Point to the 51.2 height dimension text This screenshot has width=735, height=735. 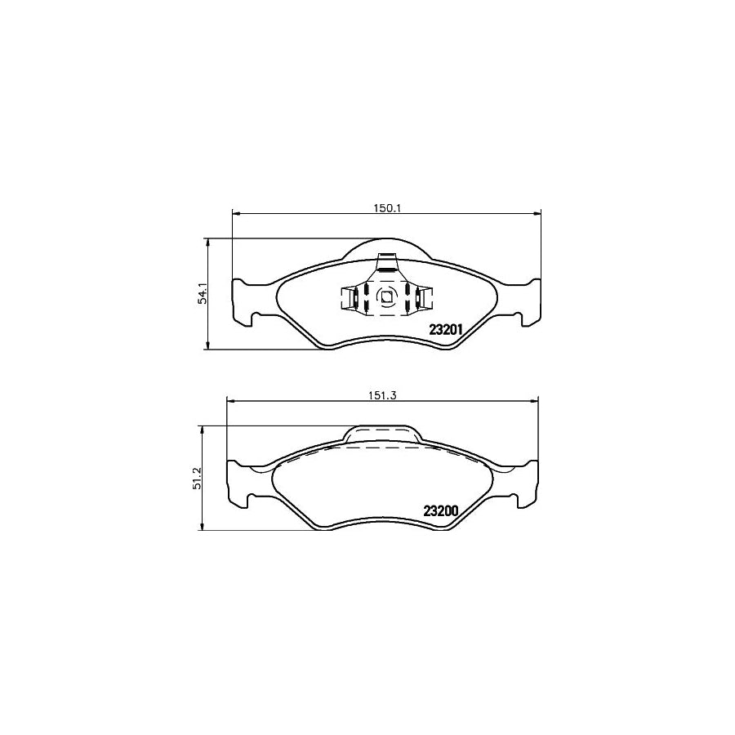(x=195, y=479)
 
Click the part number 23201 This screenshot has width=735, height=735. (x=447, y=331)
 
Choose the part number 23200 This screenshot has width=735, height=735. (x=443, y=512)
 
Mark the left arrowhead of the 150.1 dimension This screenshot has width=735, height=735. (x=237, y=214)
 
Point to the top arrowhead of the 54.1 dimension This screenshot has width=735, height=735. (x=209, y=242)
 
